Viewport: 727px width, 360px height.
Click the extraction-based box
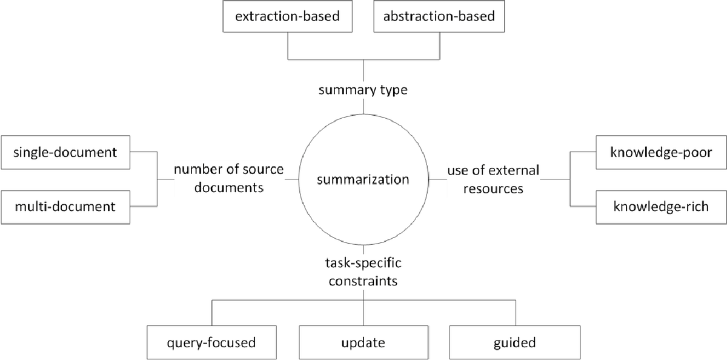tap(287, 16)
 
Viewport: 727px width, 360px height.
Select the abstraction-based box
tap(439, 16)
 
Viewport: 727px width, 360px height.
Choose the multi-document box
tap(65, 206)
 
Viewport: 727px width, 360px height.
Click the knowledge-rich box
tap(660, 206)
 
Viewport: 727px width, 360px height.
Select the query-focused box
tap(211, 342)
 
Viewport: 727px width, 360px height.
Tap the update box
tap(363, 342)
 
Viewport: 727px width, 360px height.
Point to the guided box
tap(515, 342)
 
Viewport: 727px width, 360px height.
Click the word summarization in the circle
tap(363, 179)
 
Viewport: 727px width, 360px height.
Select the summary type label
tap(363, 90)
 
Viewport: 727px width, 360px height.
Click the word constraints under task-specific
tap(363, 281)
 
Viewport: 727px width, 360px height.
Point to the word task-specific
tap(363, 264)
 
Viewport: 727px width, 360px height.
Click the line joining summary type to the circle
tap(363, 107)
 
